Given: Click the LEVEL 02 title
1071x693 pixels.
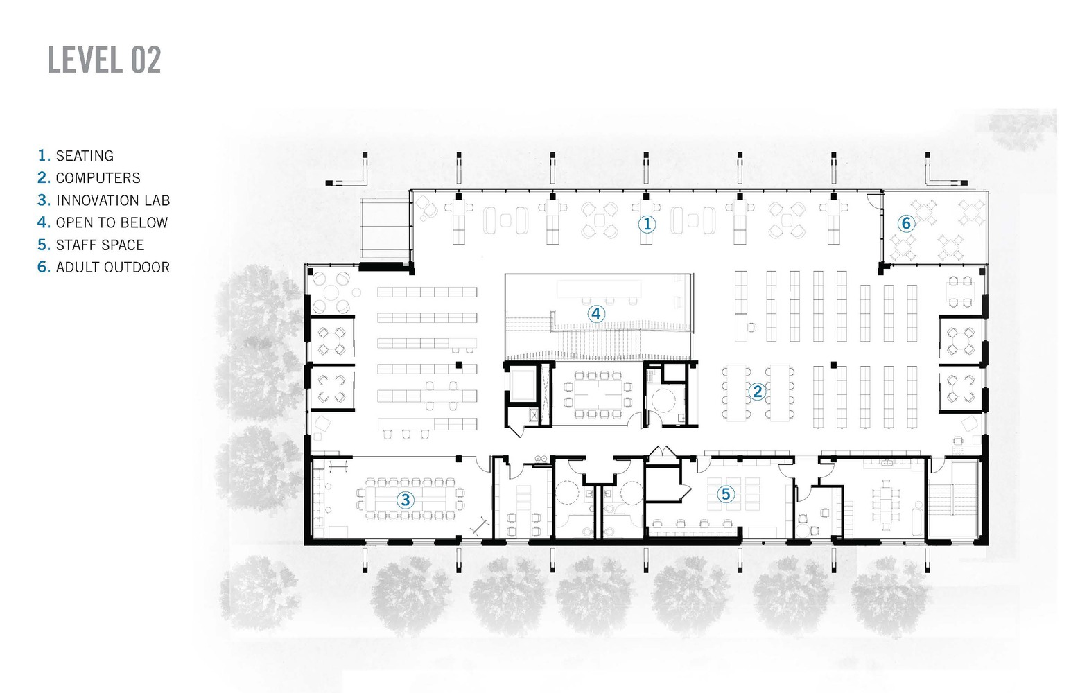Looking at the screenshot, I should click(104, 60).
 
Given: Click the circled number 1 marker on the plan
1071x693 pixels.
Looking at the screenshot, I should click(647, 224).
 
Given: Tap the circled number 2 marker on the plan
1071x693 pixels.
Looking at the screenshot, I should click(757, 392).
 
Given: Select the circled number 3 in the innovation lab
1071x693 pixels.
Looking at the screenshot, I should click(406, 499).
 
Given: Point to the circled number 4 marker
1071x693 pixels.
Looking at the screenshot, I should click(595, 313).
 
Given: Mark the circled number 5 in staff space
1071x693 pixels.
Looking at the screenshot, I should click(725, 493).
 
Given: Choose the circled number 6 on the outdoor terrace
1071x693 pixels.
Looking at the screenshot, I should click(905, 223).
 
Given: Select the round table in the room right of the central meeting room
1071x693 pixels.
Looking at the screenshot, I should click(663, 401).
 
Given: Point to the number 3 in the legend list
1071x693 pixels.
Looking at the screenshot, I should click(44, 200).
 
